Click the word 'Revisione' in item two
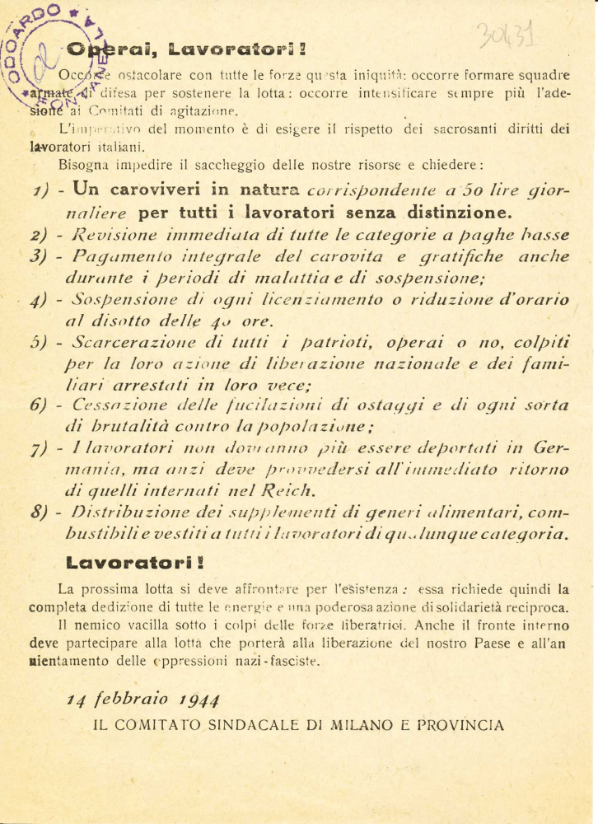(x=111, y=234)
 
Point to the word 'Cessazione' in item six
(x=113, y=405)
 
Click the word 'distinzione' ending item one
(x=456, y=212)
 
